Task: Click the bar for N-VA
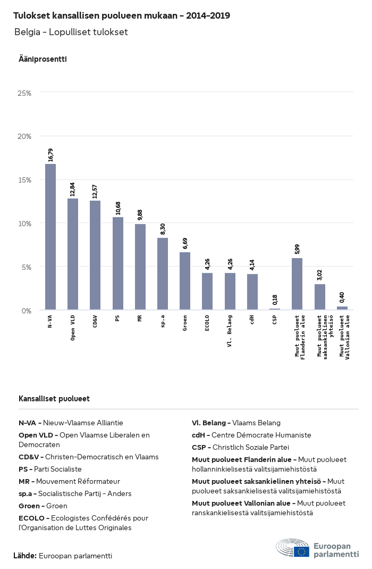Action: point(50,237)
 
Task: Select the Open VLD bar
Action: point(73,254)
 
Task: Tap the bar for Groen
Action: point(185,281)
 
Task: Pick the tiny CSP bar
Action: point(275,309)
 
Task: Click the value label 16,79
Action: point(50,155)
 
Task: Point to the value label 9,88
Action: point(140,215)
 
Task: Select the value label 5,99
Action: point(297,249)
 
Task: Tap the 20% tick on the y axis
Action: point(24,136)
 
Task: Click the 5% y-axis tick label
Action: point(27,267)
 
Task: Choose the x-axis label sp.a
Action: point(163,321)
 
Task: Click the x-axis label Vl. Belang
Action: point(230,331)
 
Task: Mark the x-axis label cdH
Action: point(252,320)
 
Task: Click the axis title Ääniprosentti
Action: point(43,59)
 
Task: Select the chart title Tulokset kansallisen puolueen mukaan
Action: point(95,15)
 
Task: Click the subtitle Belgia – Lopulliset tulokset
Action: point(71,32)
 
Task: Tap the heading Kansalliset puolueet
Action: point(54,399)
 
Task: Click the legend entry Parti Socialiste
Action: point(57,469)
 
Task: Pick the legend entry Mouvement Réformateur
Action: point(78,482)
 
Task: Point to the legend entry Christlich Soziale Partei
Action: point(251,448)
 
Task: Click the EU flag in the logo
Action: point(301,551)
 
